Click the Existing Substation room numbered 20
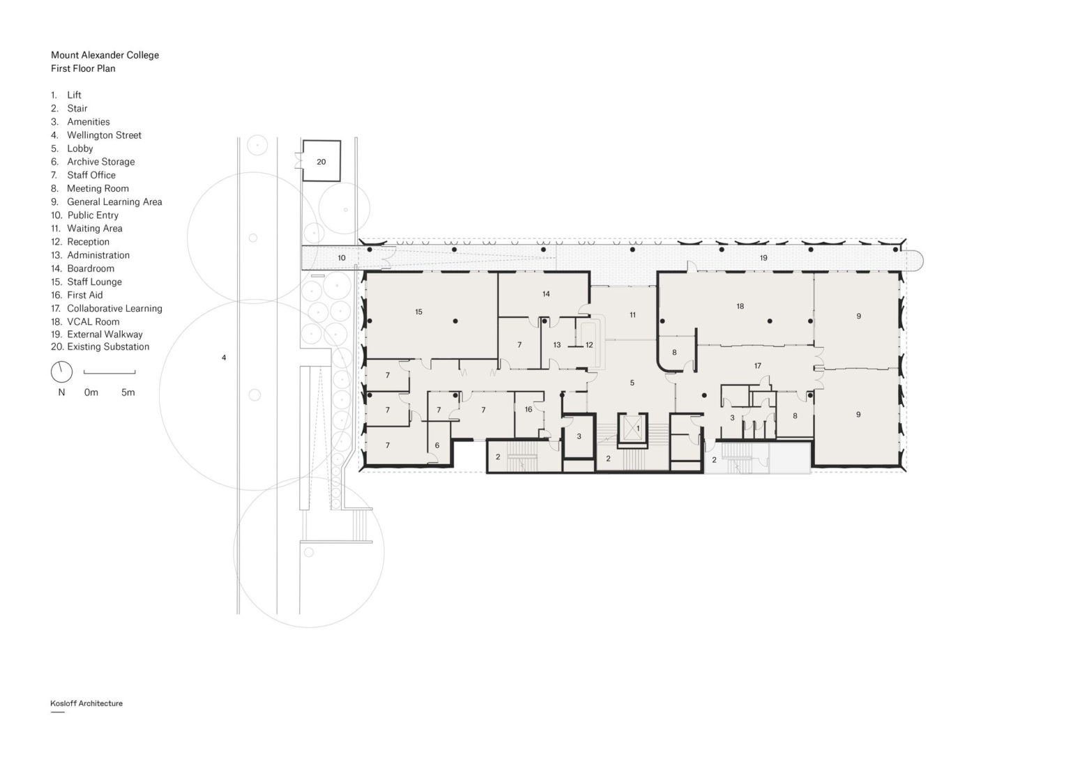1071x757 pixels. [x=321, y=161]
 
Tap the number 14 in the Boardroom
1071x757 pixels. [x=546, y=294]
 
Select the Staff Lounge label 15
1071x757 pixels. [x=419, y=312]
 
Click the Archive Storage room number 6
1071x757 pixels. [x=437, y=445]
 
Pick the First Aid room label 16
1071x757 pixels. [x=529, y=409]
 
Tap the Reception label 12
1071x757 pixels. [x=589, y=344]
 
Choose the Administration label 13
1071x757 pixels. [x=556, y=344]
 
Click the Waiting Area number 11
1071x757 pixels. [x=632, y=315]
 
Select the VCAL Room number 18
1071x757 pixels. [x=740, y=306]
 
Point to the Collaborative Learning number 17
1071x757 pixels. [x=757, y=366]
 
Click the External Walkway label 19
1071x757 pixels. [x=764, y=258]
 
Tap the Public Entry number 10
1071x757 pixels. [x=342, y=258]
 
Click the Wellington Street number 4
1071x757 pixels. [x=224, y=358]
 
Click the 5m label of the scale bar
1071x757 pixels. [x=128, y=392]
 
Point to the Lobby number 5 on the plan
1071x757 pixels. [x=632, y=383]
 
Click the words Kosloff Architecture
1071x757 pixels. [x=86, y=703]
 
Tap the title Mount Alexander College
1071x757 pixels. [x=105, y=55]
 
